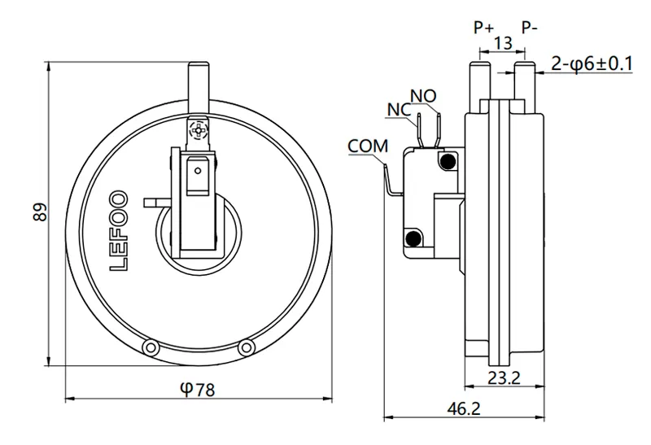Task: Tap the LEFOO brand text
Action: pos(117,231)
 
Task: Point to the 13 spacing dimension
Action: pos(503,43)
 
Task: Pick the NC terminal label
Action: pos(399,110)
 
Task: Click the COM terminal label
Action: pos(367,146)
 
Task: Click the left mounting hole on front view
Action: pos(150,347)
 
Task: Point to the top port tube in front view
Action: pos(198,82)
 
